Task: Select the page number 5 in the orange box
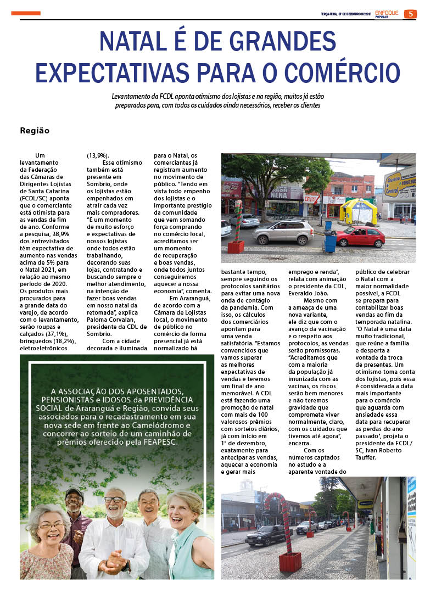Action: (x=410, y=14)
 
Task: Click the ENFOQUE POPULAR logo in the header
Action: (x=388, y=14)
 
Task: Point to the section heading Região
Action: (x=35, y=131)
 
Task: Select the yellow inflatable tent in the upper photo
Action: (x=358, y=211)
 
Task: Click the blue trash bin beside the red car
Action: (x=330, y=242)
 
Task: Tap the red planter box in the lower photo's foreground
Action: (x=290, y=561)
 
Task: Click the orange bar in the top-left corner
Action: (x=26, y=13)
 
